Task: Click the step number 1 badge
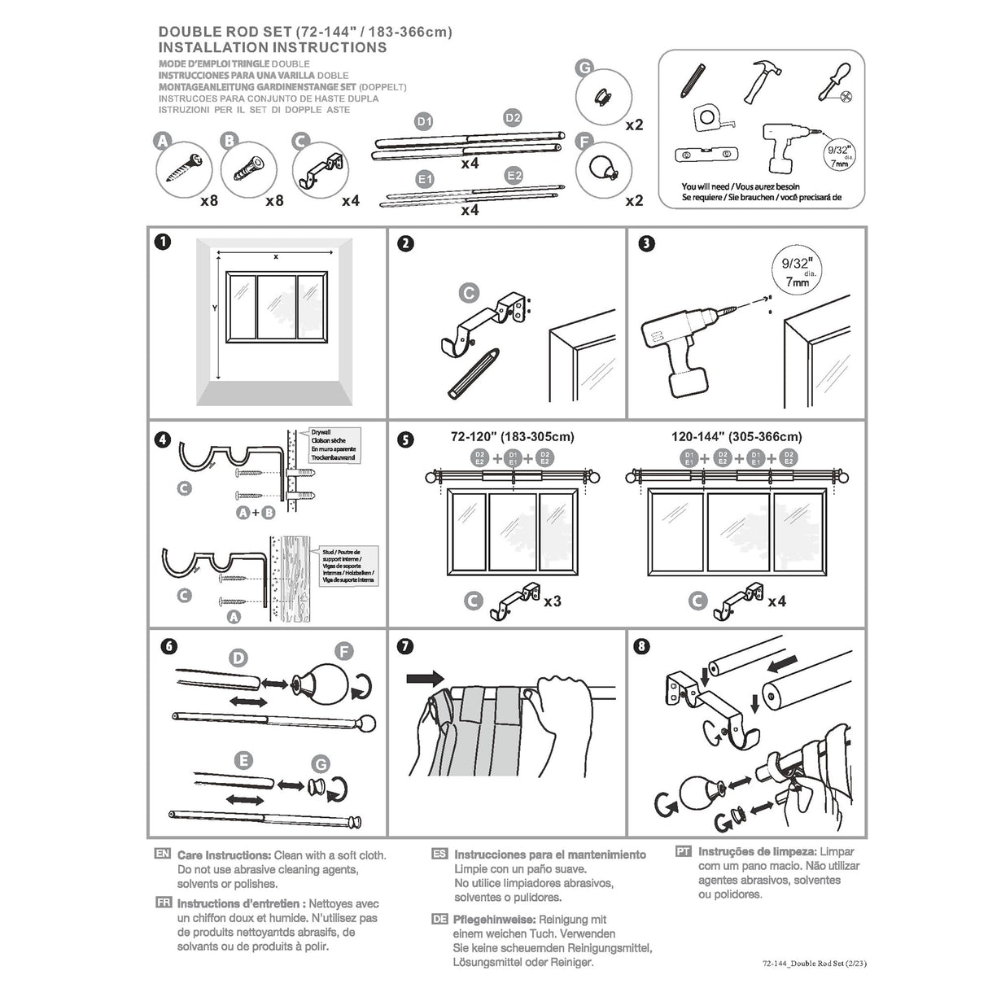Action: click(164, 242)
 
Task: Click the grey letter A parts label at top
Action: click(163, 142)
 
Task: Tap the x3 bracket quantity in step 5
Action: click(552, 601)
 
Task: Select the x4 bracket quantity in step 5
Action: click(776, 601)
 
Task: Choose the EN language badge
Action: click(162, 855)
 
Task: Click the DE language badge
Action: click(439, 919)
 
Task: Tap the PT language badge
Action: click(684, 851)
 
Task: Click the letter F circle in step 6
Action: click(345, 651)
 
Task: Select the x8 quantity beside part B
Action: click(274, 200)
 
